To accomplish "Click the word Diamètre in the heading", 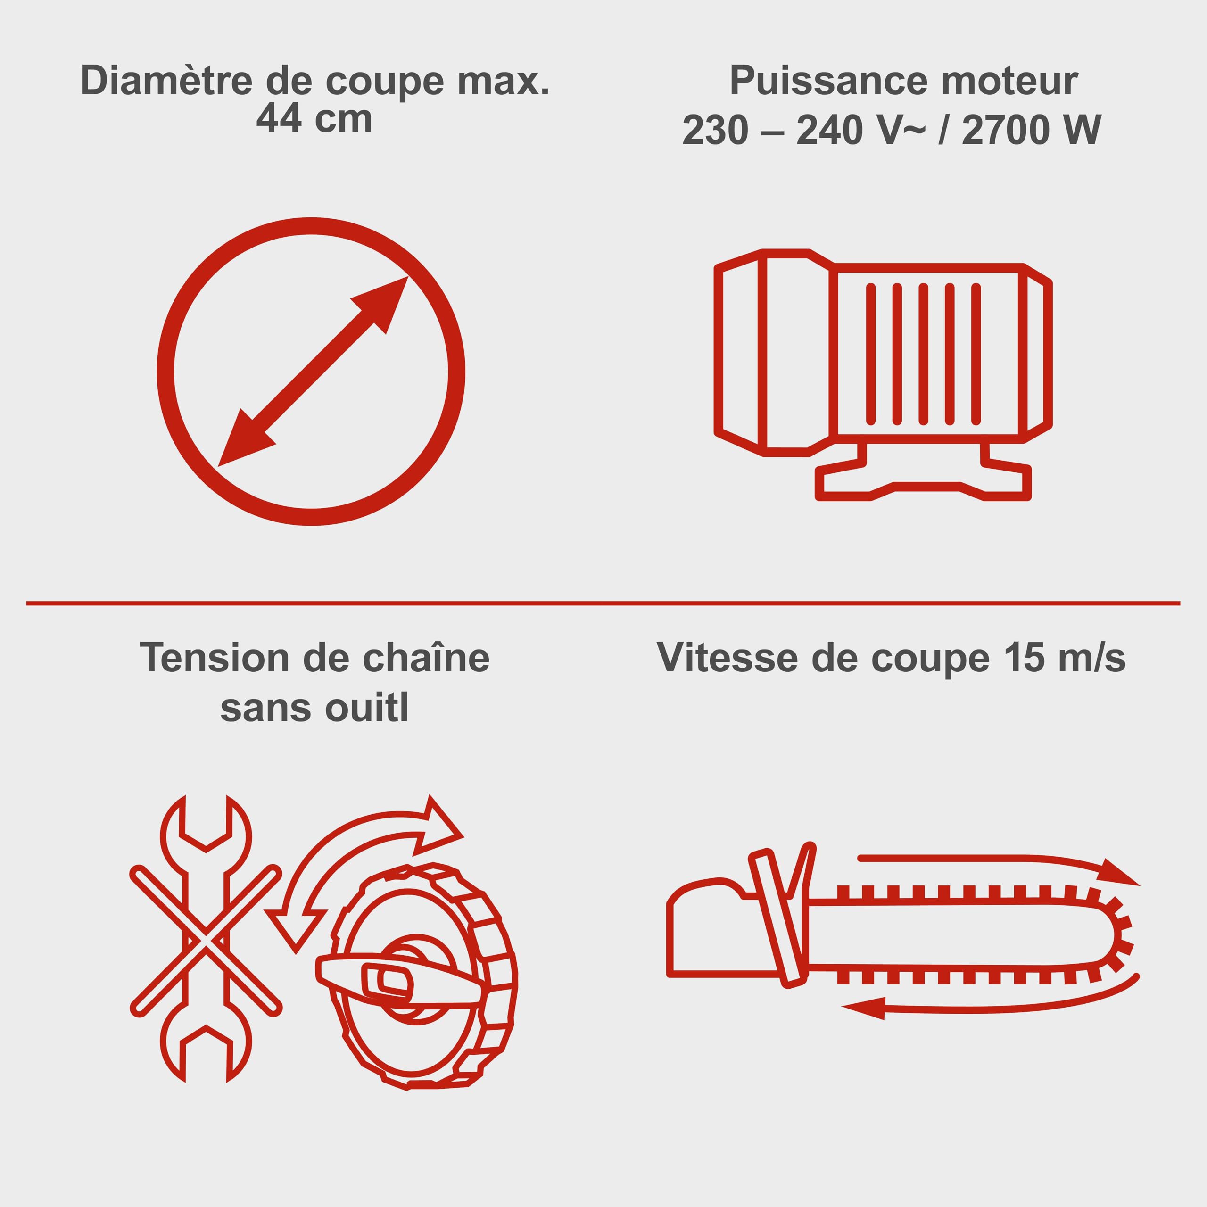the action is (167, 81).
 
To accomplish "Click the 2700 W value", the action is (1032, 130).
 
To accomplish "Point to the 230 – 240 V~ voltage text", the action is (803, 130).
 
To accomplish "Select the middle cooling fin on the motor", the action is (923, 354).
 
